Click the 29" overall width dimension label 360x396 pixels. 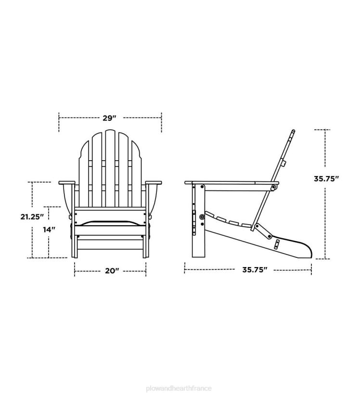110,118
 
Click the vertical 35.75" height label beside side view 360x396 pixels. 327,179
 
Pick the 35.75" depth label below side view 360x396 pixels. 255,270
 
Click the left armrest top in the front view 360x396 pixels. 67,183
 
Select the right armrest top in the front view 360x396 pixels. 154,183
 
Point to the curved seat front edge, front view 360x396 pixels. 110,222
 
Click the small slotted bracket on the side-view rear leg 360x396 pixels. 277,245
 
